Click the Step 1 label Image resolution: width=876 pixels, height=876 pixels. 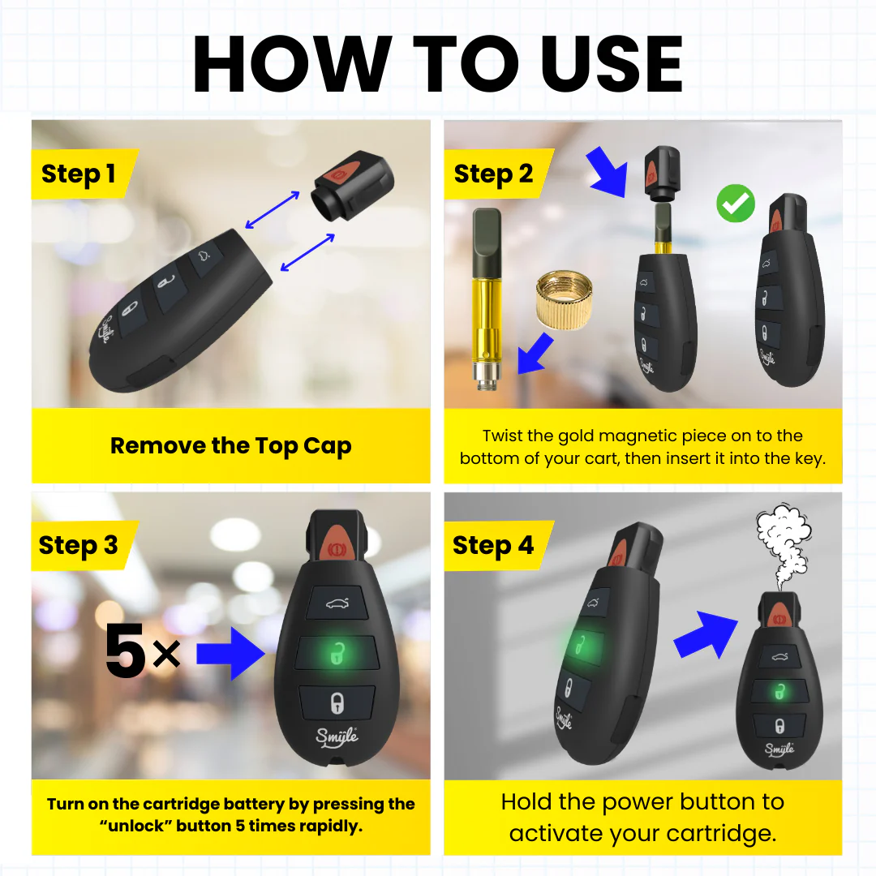tap(79, 174)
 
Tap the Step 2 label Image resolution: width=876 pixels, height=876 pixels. tap(493, 174)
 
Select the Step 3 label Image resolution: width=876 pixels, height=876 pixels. tap(79, 546)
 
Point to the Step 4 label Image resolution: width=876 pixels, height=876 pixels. tap(493, 546)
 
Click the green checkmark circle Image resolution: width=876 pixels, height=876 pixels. tap(736, 204)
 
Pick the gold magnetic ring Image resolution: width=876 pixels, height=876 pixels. tap(560, 298)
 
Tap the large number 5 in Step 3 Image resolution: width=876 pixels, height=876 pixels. tap(126, 653)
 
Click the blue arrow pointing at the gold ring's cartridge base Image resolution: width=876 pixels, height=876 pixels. tap(535, 354)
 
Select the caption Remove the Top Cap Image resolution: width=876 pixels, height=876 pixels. tap(231, 446)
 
